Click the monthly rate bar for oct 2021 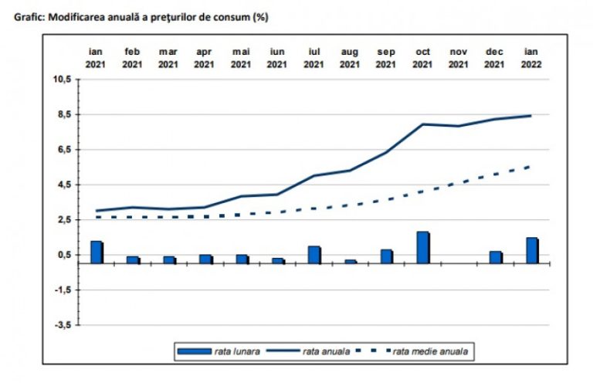(x=423, y=247)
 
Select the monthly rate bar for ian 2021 (x=97, y=253)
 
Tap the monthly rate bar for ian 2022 (x=532, y=250)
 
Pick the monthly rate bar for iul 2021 (x=314, y=255)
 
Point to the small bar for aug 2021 (x=351, y=261)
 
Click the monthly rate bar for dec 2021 (x=496, y=257)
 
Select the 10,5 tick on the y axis (x=61, y=80)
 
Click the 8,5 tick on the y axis (x=63, y=114)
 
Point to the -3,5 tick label (x=62, y=325)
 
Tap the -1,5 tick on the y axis (x=62, y=290)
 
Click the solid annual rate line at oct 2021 (x=423, y=124)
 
